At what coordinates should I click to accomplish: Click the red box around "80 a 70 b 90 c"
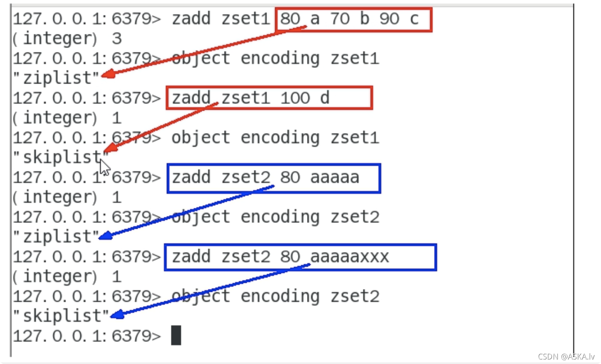pos(353,19)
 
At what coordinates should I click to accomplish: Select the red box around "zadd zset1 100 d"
pos(269,98)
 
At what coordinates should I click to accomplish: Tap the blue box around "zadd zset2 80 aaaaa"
pos(273,178)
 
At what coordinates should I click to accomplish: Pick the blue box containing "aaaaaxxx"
pos(300,257)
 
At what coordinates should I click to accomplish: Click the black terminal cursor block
pos(176,335)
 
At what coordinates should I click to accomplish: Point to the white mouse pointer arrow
pos(105,167)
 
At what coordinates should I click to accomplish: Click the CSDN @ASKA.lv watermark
pos(566,357)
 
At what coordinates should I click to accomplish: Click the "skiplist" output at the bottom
pos(61,316)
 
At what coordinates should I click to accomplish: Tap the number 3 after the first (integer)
pos(117,39)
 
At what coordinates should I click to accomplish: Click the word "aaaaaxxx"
pos(349,257)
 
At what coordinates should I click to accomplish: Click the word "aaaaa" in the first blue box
pos(335,177)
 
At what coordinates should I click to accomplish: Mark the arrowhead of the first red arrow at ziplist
pos(106,75)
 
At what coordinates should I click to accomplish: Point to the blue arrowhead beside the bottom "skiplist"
pos(116,315)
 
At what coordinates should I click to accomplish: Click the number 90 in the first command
pos(389,19)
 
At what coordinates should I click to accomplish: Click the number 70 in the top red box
pos(340,19)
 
